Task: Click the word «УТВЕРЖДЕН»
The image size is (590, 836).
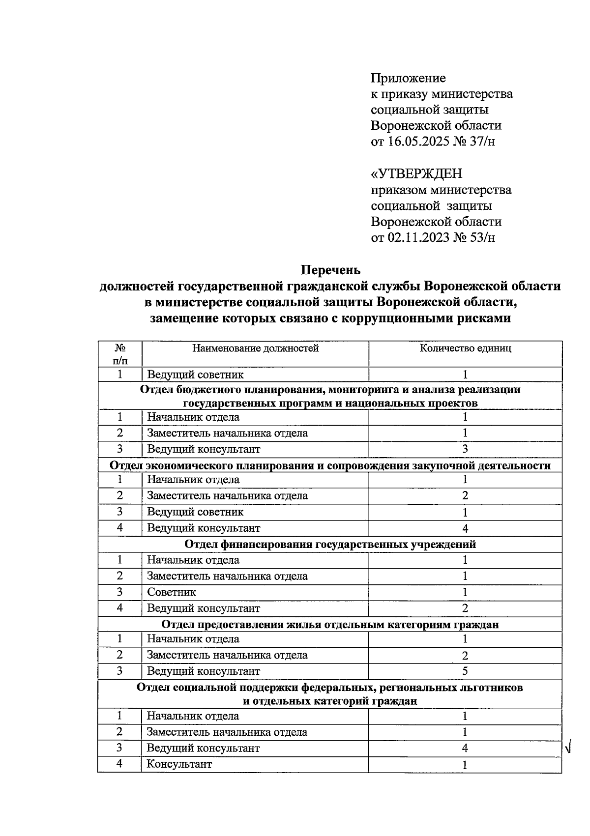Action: pyautogui.click(x=416, y=174)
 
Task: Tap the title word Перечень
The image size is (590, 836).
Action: pyautogui.click(x=330, y=270)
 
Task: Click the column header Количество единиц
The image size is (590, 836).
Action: pyautogui.click(x=465, y=348)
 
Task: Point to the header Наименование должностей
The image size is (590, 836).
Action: pyautogui.click(x=255, y=348)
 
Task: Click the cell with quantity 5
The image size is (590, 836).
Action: pyautogui.click(x=465, y=671)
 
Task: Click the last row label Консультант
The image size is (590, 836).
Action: pyautogui.click(x=179, y=764)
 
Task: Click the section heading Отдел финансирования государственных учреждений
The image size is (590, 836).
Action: pyautogui.click(x=330, y=544)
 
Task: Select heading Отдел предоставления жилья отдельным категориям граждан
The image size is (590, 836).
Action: pyautogui.click(x=330, y=625)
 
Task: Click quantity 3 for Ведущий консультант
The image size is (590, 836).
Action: pyautogui.click(x=465, y=449)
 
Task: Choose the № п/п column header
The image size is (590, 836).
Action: pyautogui.click(x=119, y=354)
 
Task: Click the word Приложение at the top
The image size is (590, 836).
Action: pyautogui.click(x=408, y=78)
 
